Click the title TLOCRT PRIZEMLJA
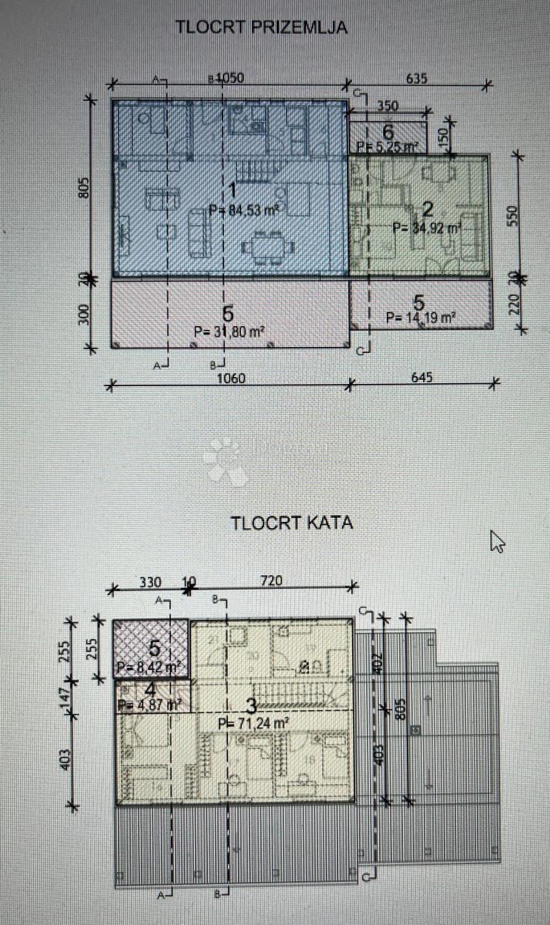tap(262, 28)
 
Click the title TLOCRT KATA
tap(292, 522)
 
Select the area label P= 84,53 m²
tap(243, 209)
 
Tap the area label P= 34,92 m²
tap(427, 227)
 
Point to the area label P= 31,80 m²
tap(230, 332)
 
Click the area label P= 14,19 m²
tap(421, 317)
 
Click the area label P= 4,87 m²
tap(149, 704)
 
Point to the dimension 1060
tap(229, 378)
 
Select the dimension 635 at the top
tap(414, 78)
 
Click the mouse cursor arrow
tap(497, 541)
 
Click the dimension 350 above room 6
tap(387, 106)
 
